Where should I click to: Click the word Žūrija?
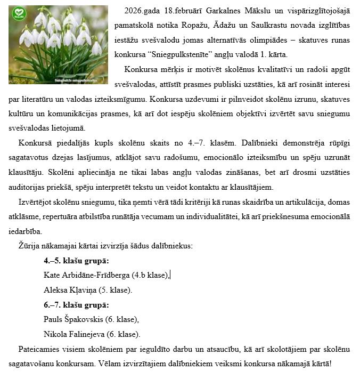click(x=29, y=246)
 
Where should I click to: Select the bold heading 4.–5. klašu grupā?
click(x=76, y=261)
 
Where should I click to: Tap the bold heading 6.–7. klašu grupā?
click(x=76, y=305)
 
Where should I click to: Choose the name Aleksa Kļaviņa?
click(x=70, y=290)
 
